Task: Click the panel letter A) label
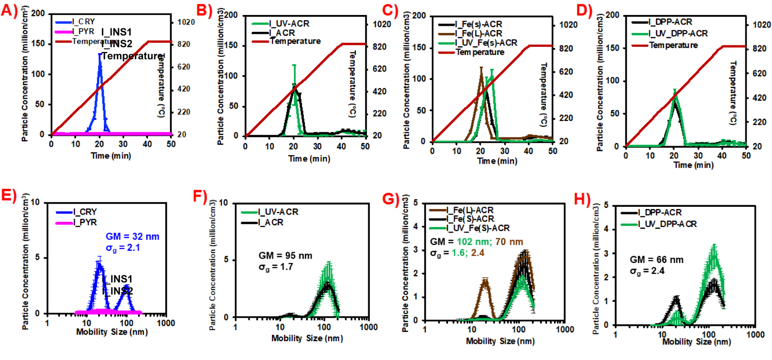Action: tap(9, 10)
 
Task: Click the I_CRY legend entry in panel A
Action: tap(84, 21)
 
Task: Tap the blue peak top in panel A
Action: tap(100, 55)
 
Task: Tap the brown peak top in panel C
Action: tap(481, 68)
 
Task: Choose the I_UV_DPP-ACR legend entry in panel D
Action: tap(678, 33)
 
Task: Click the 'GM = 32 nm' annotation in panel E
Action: tap(133, 236)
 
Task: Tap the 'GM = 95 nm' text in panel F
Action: tap(285, 256)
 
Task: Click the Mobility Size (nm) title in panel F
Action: tap(307, 338)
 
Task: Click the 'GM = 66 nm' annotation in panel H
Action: tap(657, 260)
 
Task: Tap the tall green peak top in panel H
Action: tap(714, 246)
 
